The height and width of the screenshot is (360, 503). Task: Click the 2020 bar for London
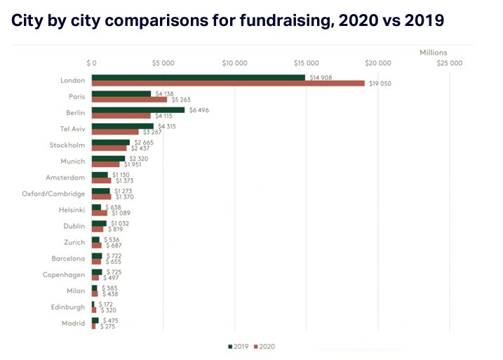click(x=228, y=83)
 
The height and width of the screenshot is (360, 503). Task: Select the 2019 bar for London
click(x=198, y=77)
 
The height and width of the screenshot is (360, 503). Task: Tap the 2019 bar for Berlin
click(x=138, y=109)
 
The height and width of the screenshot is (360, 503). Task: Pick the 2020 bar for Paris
click(x=129, y=99)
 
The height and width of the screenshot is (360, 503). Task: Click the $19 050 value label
click(x=380, y=83)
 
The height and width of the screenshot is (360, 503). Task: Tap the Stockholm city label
click(x=67, y=145)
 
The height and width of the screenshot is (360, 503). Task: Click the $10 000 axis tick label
click(x=234, y=62)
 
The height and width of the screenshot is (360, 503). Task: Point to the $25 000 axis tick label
click(x=450, y=62)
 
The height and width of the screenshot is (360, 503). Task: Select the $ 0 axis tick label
click(x=92, y=62)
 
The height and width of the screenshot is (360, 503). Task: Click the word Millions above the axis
click(x=433, y=53)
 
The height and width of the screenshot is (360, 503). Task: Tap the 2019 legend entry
click(x=240, y=346)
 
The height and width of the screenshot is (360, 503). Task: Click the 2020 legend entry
click(x=265, y=346)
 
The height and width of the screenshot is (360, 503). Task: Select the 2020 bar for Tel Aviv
click(x=115, y=131)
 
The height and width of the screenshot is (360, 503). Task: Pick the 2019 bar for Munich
click(x=108, y=158)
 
